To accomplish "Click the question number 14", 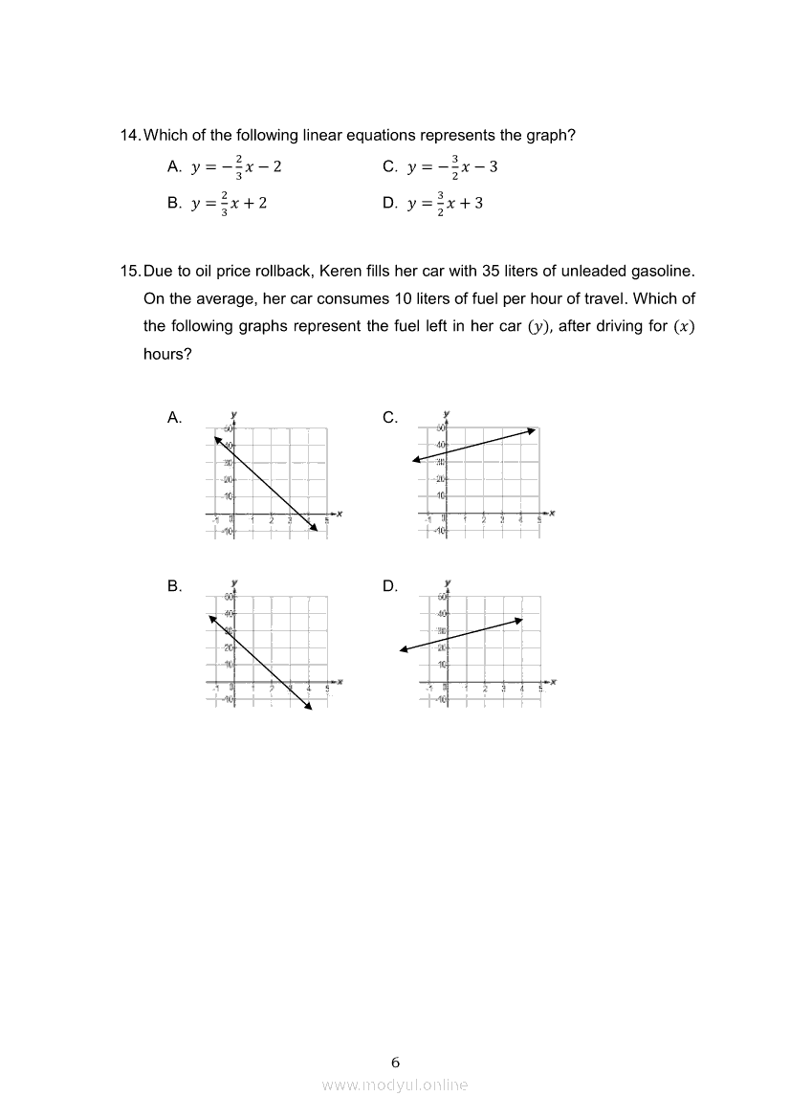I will click(130, 136).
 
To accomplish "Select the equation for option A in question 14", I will click(236, 167).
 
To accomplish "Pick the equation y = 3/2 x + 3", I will click(445, 204).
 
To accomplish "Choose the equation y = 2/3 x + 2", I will click(229, 204).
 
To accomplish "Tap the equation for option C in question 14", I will click(452, 167).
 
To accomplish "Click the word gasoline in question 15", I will click(664, 273).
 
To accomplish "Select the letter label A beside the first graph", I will click(174, 418).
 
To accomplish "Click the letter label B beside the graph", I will click(174, 587).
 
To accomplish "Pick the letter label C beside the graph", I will click(389, 418).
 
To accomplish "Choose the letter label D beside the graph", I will click(389, 587).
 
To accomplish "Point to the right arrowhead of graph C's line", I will click(534, 431).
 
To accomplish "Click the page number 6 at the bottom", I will click(395, 1062).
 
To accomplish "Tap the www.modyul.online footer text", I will click(395, 1085).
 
